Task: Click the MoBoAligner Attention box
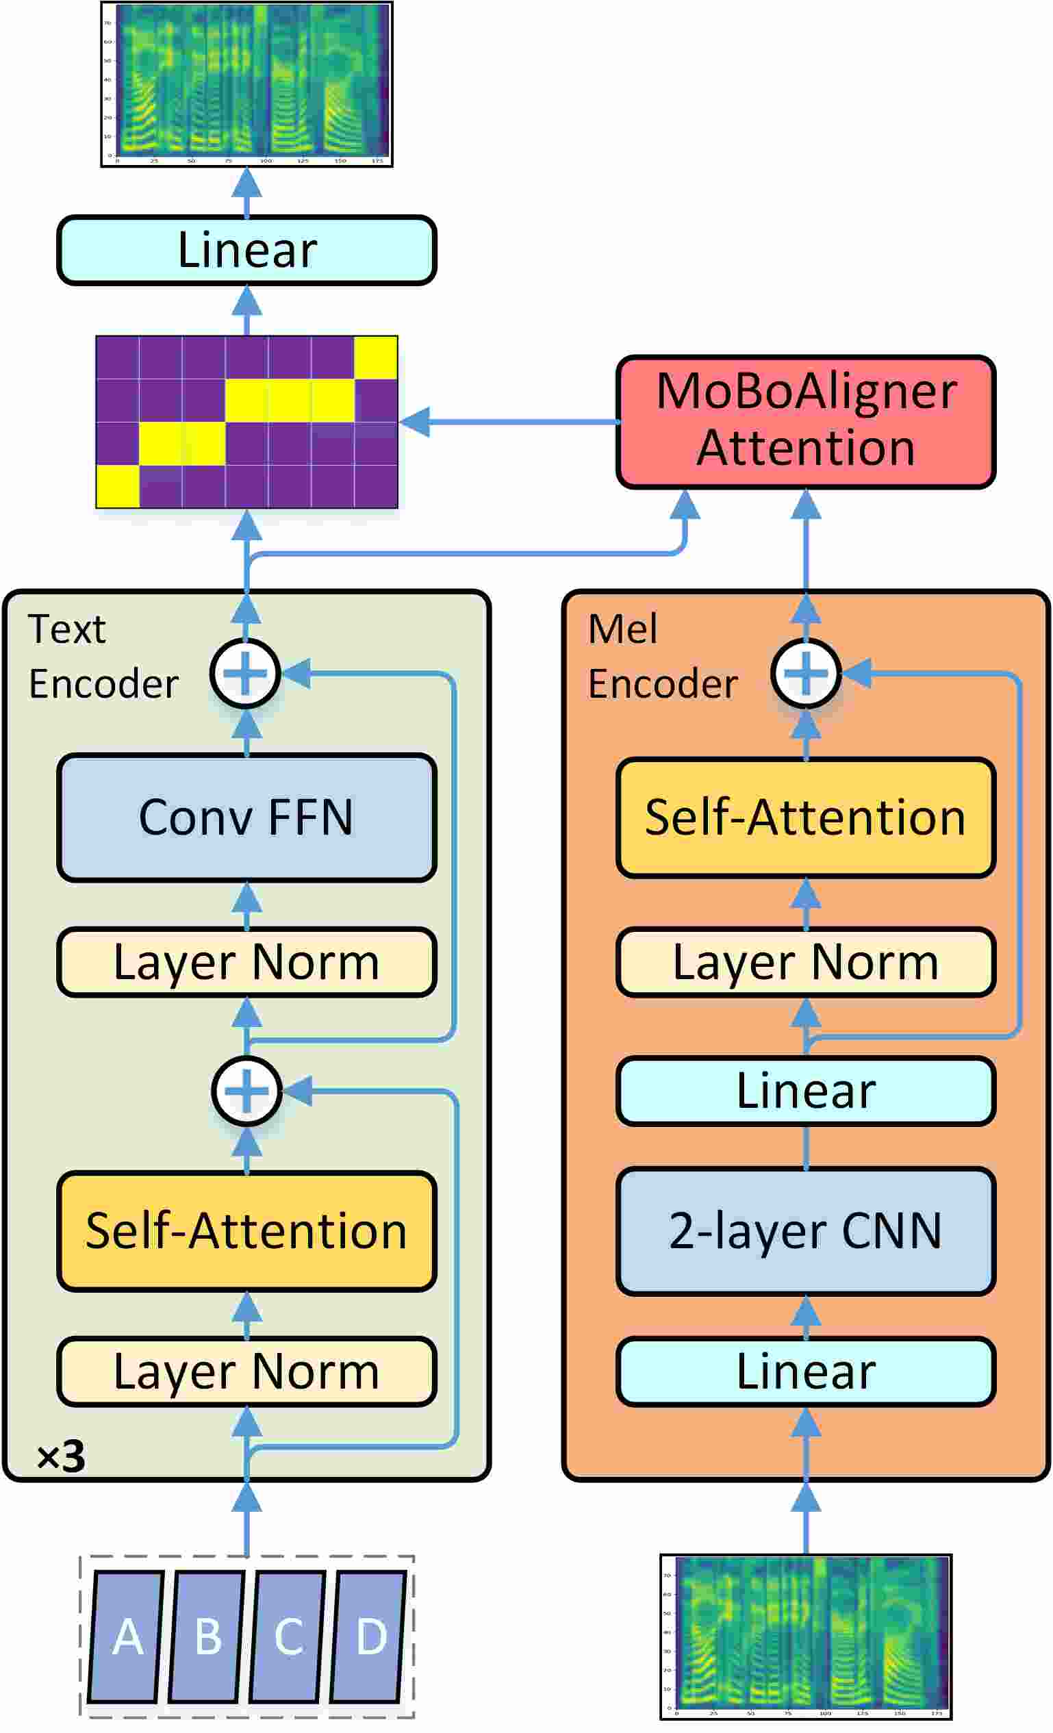805,421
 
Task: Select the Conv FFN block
246,818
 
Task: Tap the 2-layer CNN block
805,1231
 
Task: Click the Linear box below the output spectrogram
246,250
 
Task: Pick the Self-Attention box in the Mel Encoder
805,818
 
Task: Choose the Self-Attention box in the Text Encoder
246,1231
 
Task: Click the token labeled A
127,1636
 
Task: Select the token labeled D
370,1636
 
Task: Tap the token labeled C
288,1636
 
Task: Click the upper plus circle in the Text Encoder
246,673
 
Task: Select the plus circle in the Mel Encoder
805,673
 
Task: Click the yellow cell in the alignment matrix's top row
376,357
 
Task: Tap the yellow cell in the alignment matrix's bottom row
118,486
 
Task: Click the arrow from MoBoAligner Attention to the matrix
507,421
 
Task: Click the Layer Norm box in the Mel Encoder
805,961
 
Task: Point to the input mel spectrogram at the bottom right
805,1636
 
